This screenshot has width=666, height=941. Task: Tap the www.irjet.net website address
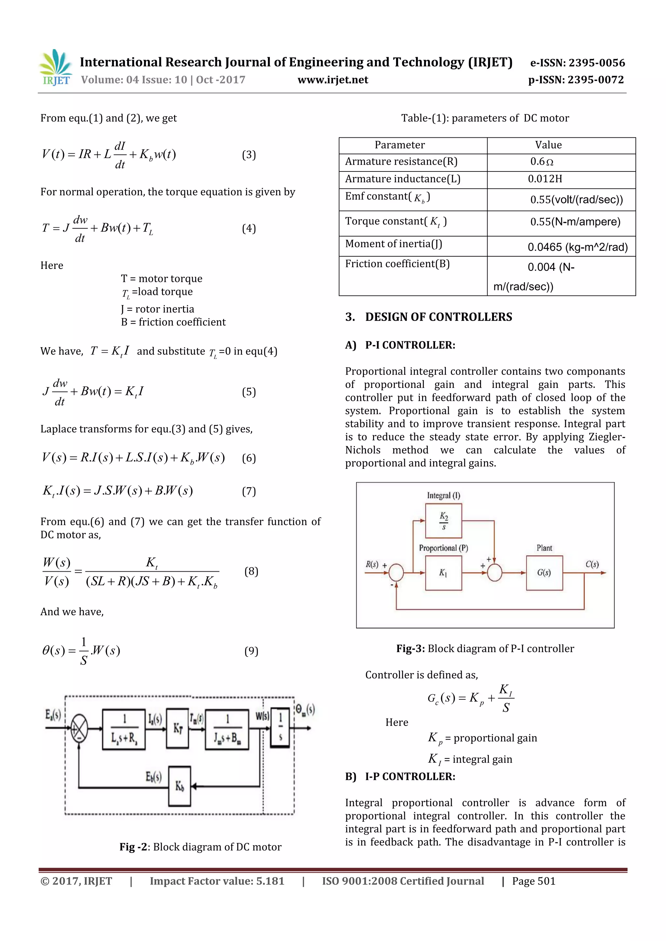[333, 80]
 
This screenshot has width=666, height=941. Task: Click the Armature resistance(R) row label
[401, 162]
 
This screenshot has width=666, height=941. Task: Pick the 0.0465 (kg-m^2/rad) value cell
[577, 247]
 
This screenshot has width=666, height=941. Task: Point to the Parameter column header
[399, 145]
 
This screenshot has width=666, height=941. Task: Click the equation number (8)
[251, 571]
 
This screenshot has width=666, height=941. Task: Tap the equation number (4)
[249, 228]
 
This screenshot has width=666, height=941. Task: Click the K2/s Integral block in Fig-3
[443, 520]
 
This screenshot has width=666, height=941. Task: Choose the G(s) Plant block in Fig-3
[544, 573]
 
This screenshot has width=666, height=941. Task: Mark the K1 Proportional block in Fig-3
[443, 573]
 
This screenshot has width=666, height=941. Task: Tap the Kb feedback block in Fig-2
[179, 786]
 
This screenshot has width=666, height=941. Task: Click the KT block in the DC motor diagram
[177, 728]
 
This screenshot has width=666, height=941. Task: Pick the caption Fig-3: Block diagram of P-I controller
[485, 648]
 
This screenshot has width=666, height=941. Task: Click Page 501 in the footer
[533, 881]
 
